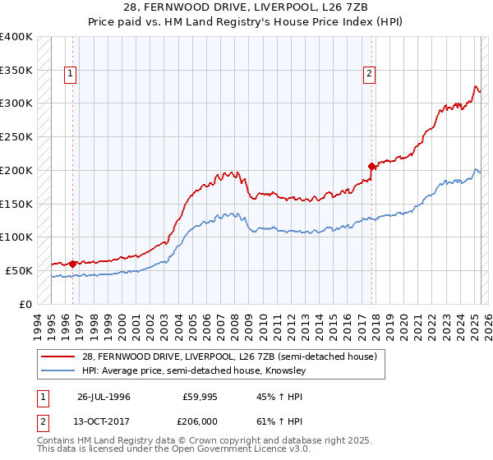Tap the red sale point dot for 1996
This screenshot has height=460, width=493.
coord(72,264)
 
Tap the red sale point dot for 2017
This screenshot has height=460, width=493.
coord(371,166)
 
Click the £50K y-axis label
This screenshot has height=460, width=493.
coord(19,270)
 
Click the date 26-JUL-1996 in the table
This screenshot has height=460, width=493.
coord(104,395)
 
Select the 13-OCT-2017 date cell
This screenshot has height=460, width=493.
coord(104,424)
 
